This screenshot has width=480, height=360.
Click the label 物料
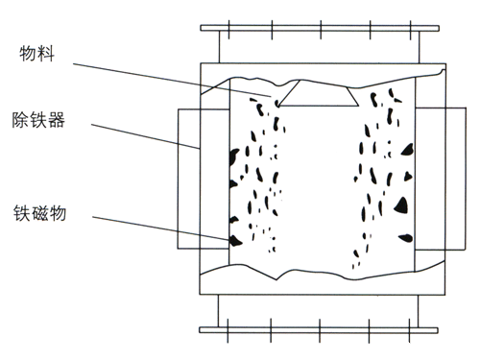(x=36, y=54)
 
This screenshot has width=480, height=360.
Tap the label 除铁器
(x=38, y=120)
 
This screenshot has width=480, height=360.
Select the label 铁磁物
(x=39, y=213)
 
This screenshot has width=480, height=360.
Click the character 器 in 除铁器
(x=57, y=120)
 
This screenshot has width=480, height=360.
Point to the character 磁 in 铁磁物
(x=39, y=213)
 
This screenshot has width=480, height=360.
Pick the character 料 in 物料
(x=46, y=54)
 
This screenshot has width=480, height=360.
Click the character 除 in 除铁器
(x=20, y=120)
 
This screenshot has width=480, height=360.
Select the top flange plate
(x=320, y=28)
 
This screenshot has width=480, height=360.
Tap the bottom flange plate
(x=319, y=330)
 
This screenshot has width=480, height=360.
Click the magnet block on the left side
(x=189, y=179)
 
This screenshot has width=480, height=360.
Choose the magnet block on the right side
(x=441, y=179)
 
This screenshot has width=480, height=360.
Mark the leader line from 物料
(x=172, y=80)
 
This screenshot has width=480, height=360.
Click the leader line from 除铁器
(x=145, y=136)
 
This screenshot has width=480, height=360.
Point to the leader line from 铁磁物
(x=161, y=228)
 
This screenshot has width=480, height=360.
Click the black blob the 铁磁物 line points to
(x=235, y=241)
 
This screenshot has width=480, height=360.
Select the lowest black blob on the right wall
(x=406, y=238)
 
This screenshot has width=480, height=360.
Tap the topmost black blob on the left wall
(x=234, y=156)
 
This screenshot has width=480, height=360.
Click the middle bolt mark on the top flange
(x=321, y=30)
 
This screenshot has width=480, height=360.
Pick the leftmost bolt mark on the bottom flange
(x=228, y=331)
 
